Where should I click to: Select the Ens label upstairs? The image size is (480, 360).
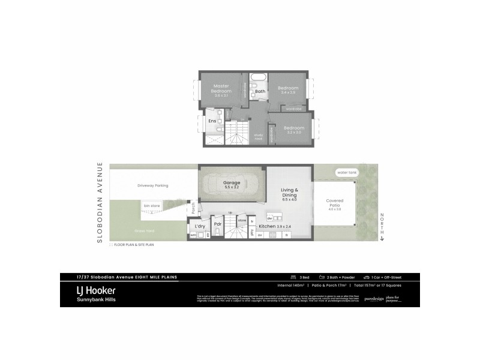212,121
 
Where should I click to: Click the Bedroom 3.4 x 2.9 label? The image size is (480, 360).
289,91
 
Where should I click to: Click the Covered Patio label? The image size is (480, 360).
334,205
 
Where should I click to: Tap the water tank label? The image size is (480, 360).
347,172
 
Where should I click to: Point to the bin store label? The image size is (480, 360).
151,206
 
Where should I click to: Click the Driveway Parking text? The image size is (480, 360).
152,185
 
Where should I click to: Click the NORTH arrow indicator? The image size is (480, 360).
381,227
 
